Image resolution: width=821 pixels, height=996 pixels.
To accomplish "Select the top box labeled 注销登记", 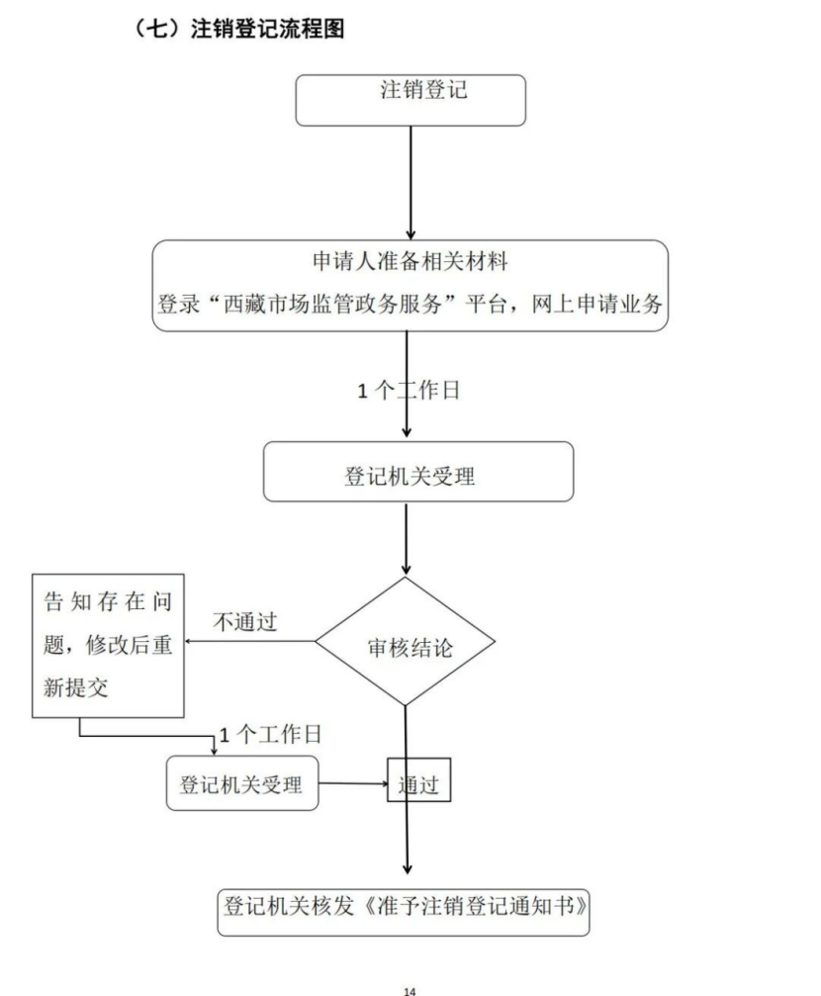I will click(410, 100).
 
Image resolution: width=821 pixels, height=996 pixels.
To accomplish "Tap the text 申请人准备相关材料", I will click(410, 262).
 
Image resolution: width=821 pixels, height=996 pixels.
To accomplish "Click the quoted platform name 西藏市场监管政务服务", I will click(327, 305).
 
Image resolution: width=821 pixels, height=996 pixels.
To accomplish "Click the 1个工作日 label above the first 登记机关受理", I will click(410, 390).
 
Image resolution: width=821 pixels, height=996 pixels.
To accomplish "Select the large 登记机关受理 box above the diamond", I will click(417, 472).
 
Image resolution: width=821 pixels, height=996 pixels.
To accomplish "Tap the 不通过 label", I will click(245, 623).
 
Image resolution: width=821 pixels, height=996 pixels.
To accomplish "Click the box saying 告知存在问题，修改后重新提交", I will click(106, 645).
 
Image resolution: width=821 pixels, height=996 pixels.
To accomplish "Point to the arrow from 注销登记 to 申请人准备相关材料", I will click(410, 183).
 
